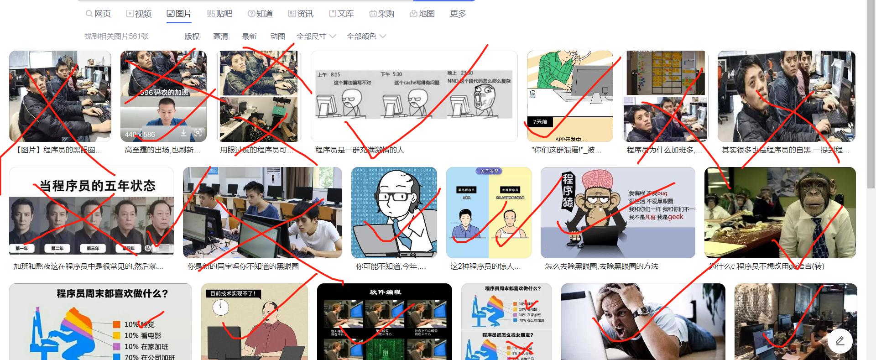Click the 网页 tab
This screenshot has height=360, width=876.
[x=98, y=14]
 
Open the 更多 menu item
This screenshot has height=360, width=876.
[x=458, y=14]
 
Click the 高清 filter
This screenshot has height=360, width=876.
[x=220, y=37]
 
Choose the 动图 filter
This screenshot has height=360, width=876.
[x=277, y=37]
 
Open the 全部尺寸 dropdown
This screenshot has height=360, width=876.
[x=316, y=37]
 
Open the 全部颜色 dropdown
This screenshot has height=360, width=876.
[x=366, y=37]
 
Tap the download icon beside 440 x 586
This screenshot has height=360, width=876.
[x=183, y=133]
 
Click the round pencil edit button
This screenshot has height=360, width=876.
[x=840, y=341]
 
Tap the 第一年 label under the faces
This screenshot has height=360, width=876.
[x=22, y=248]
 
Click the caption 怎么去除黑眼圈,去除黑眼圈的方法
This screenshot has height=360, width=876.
[x=601, y=266]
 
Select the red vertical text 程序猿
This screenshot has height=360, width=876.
[x=568, y=190]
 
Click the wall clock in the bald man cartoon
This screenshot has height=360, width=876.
[x=220, y=308]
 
